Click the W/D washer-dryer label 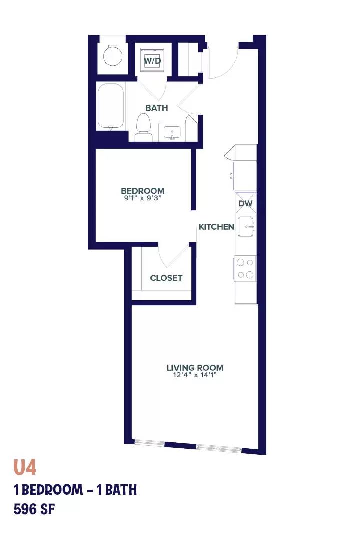152,61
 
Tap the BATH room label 156,108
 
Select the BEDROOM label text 143,191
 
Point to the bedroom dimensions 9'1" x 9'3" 143,198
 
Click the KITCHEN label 216,227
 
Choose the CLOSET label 166,278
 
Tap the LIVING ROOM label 195,368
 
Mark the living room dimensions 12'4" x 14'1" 195,375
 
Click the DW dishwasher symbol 246,203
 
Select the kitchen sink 246,227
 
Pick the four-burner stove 245,268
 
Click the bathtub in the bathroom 111,106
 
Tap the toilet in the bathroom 144,128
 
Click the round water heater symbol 113,56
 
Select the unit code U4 25,467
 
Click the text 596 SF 34,509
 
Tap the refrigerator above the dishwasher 244,176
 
